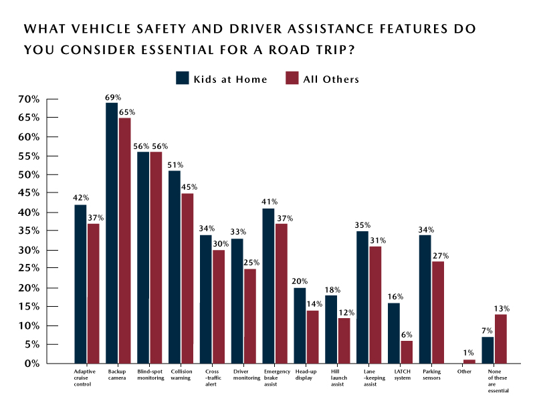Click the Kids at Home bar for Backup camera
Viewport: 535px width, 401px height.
112,234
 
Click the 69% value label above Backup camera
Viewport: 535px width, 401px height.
112,97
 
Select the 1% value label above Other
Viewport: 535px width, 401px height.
469,353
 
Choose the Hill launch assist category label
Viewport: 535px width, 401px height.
337,376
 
